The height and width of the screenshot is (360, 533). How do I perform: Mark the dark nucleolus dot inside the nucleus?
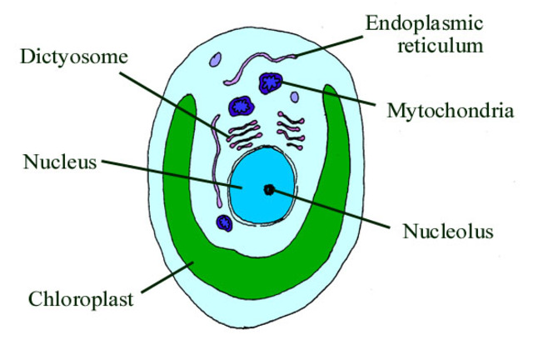pyautogui.click(x=269, y=189)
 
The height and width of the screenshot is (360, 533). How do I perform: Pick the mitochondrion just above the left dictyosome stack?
pyautogui.click(x=242, y=105)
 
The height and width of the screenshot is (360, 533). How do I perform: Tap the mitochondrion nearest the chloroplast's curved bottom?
pyautogui.click(x=223, y=222)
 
